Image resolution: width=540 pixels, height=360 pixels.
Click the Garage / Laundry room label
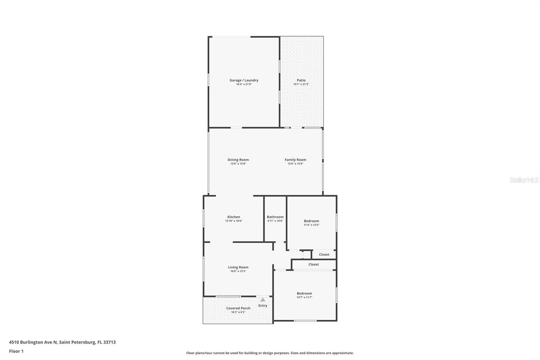tap(244, 80)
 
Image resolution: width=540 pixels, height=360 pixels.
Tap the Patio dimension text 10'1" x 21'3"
tap(301, 84)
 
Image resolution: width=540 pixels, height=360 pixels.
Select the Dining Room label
tap(238, 160)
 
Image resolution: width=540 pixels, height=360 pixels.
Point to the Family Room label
tap(295, 160)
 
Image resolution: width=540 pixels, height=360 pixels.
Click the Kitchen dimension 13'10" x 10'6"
tap(234, 221)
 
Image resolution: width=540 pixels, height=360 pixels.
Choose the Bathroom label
tap(275, 217)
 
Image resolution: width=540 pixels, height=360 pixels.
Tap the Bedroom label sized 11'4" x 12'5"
tap(311, 221)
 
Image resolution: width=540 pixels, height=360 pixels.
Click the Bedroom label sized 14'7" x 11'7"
tap(304, 293)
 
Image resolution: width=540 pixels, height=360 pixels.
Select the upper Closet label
tap(324, 255)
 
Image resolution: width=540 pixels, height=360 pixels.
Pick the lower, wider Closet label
tap(314, 264)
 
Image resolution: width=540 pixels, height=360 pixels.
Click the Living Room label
tap(238, 267)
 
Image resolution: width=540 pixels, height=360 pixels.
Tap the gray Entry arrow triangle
tap(263, 300)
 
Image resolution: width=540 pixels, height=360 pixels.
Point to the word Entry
tap(263, 306)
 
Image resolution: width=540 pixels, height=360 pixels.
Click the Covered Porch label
tap(238, 308)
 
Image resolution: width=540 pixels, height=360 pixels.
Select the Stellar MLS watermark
tap(524, 180)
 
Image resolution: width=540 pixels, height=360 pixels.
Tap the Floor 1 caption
tap(16, 351)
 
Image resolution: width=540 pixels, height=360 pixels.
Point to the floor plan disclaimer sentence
tap(270, 353)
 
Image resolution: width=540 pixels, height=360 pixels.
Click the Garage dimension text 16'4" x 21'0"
tap(244, 84)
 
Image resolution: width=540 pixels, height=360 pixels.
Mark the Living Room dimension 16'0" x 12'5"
tap(238, 271)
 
